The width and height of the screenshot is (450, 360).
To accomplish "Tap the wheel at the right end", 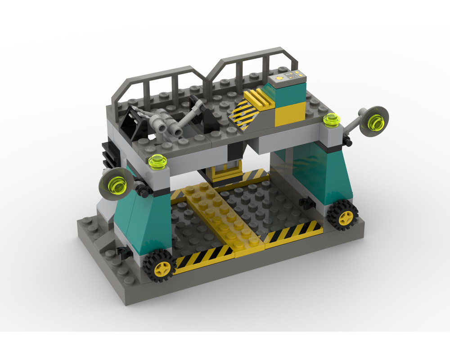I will click(x=345, y=218).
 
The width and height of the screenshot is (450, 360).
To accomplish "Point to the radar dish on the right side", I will click(x=374, y=120).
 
